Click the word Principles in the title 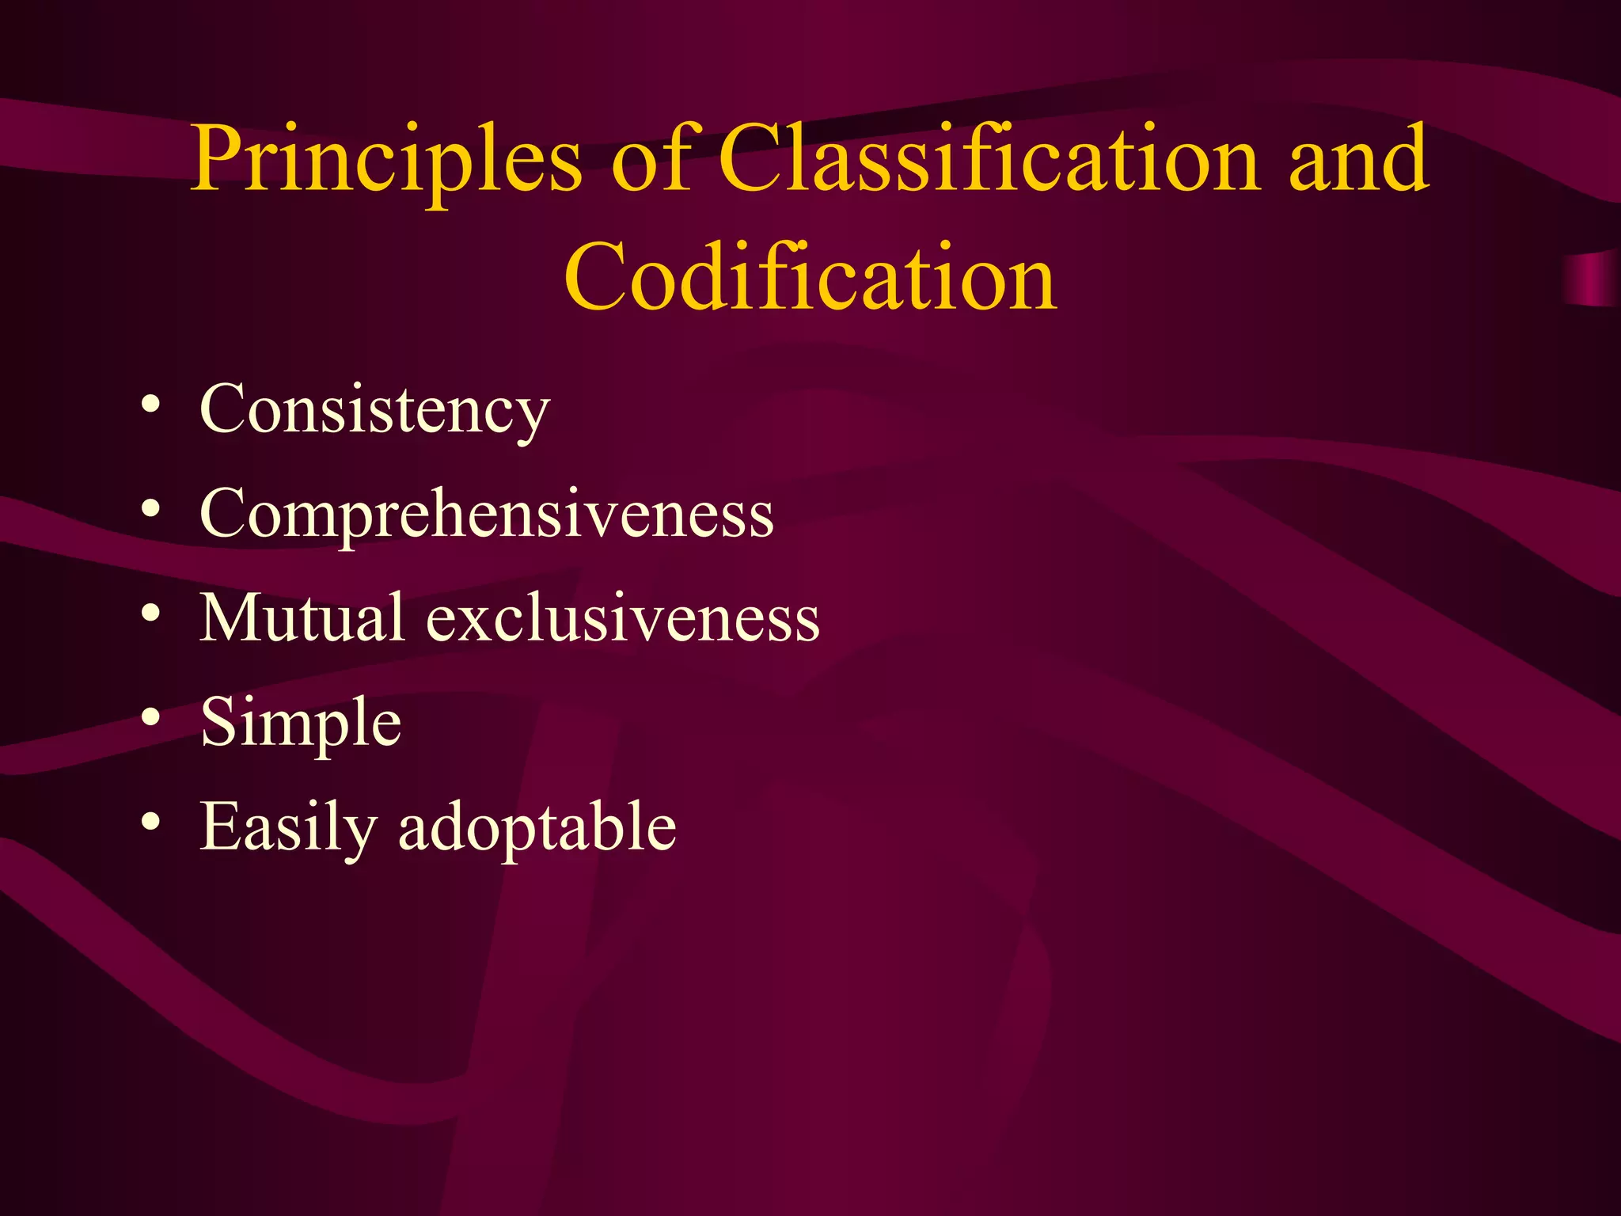coord(386,161)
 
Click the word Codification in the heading coord(810,277)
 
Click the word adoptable coord(537,826)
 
